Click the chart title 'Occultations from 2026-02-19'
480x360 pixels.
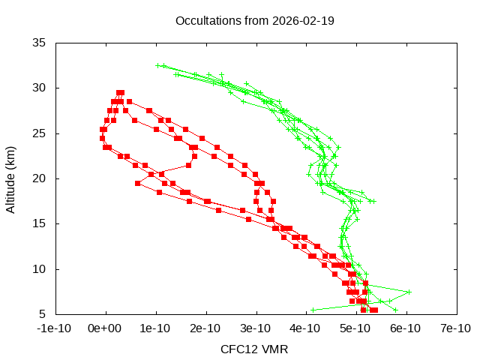pos(254,20)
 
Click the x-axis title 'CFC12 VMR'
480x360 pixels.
pos(254,349)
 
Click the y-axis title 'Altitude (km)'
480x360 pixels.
pos(10,178)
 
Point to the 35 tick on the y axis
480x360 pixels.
pos(40,43)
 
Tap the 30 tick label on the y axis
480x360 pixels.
pos(40,88)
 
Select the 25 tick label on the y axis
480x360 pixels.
pos(40,133)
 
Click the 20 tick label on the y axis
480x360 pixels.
pos(40,178)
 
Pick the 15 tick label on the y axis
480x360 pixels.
pos(40,223)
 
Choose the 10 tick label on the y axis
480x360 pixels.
pos(40,269)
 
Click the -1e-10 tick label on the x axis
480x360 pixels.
pos(55,328)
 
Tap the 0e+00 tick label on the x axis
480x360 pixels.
pos(106,328)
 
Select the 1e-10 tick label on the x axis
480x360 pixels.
pos(156,328)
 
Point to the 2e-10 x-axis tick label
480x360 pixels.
pos(205,328)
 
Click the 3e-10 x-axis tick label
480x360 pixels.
pos(256,328)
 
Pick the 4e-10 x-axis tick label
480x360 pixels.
pos(306,328)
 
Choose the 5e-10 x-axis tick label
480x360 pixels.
pos(355,328)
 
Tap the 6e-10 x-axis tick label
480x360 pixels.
pos(406,328)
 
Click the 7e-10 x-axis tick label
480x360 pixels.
pos(455,328)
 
